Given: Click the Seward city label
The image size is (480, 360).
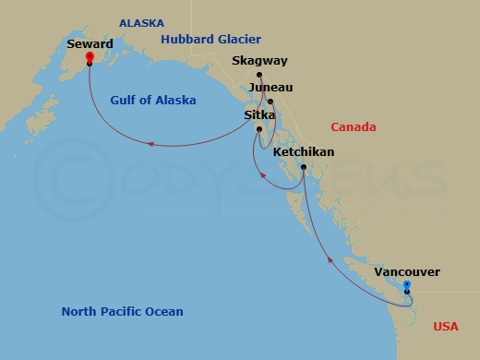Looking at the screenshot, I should (90, 43).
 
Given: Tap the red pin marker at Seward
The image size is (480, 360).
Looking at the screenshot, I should (89, 57).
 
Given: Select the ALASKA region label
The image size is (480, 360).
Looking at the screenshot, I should (141, 23).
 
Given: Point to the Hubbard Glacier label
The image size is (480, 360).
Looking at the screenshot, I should (210, 39).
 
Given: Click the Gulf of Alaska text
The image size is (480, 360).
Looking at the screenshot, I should (153, 100).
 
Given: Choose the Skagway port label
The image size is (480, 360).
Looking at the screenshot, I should (260, 61).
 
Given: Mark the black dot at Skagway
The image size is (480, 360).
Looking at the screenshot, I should (259, 75).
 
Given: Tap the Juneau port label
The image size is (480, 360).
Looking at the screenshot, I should (270, 88).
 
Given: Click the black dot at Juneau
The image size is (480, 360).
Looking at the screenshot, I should (270, 102).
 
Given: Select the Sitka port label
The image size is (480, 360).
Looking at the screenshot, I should (258, 115).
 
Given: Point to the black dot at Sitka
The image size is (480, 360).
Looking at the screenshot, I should (259, 128).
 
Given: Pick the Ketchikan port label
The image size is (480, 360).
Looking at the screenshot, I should (304, 151).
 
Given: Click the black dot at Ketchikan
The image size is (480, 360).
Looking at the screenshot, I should (304, 166).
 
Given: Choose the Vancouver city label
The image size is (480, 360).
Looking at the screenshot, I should (407, 272).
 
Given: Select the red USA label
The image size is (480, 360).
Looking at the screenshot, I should (446, 326).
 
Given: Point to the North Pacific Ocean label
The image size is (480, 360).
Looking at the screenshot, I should (122, 311).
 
